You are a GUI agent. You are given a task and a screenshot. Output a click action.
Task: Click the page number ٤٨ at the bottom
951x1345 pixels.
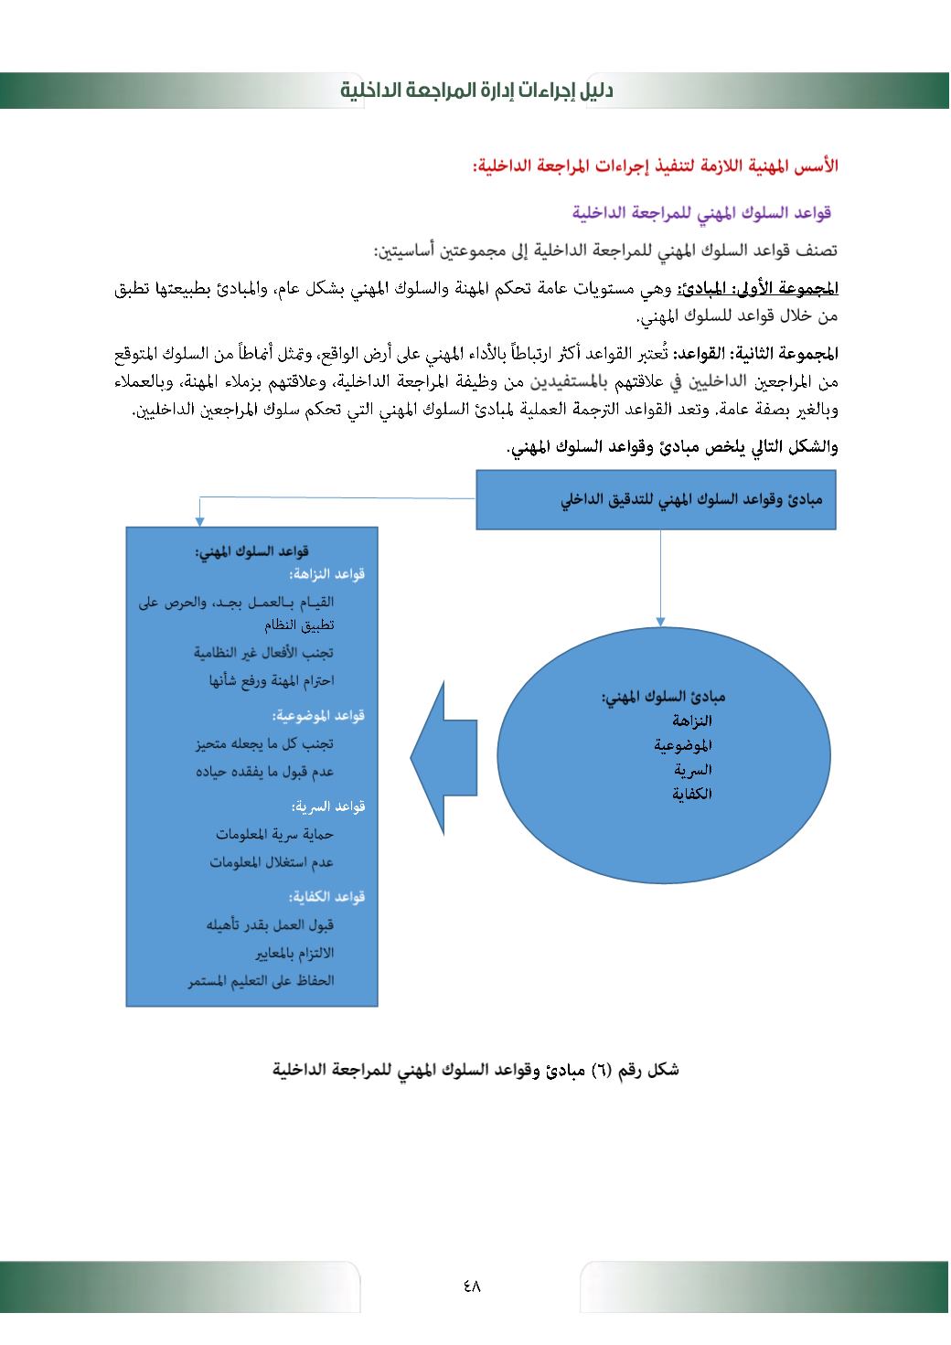472,1286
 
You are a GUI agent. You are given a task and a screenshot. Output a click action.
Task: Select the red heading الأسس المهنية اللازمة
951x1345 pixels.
655,166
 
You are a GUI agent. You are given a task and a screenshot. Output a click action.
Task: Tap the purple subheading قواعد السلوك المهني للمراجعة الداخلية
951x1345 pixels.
701,213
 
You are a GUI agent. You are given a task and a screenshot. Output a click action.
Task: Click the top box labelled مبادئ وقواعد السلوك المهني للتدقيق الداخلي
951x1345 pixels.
656,499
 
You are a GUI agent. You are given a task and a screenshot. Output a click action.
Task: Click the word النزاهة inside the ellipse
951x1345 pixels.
692,721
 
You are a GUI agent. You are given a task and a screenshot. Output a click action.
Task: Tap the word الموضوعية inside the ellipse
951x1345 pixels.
683,745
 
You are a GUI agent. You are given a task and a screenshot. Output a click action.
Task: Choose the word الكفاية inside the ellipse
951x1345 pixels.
692,795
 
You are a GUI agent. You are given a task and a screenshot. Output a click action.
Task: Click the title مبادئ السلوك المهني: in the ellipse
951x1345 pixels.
663,697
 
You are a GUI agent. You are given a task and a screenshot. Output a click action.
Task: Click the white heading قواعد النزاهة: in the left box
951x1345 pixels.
327,574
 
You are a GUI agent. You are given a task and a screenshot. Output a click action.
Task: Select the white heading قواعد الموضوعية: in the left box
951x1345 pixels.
318,715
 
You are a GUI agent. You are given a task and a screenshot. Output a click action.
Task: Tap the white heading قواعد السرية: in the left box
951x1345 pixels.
328,806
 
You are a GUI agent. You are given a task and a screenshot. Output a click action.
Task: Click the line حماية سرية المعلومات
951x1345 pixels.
275,834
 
